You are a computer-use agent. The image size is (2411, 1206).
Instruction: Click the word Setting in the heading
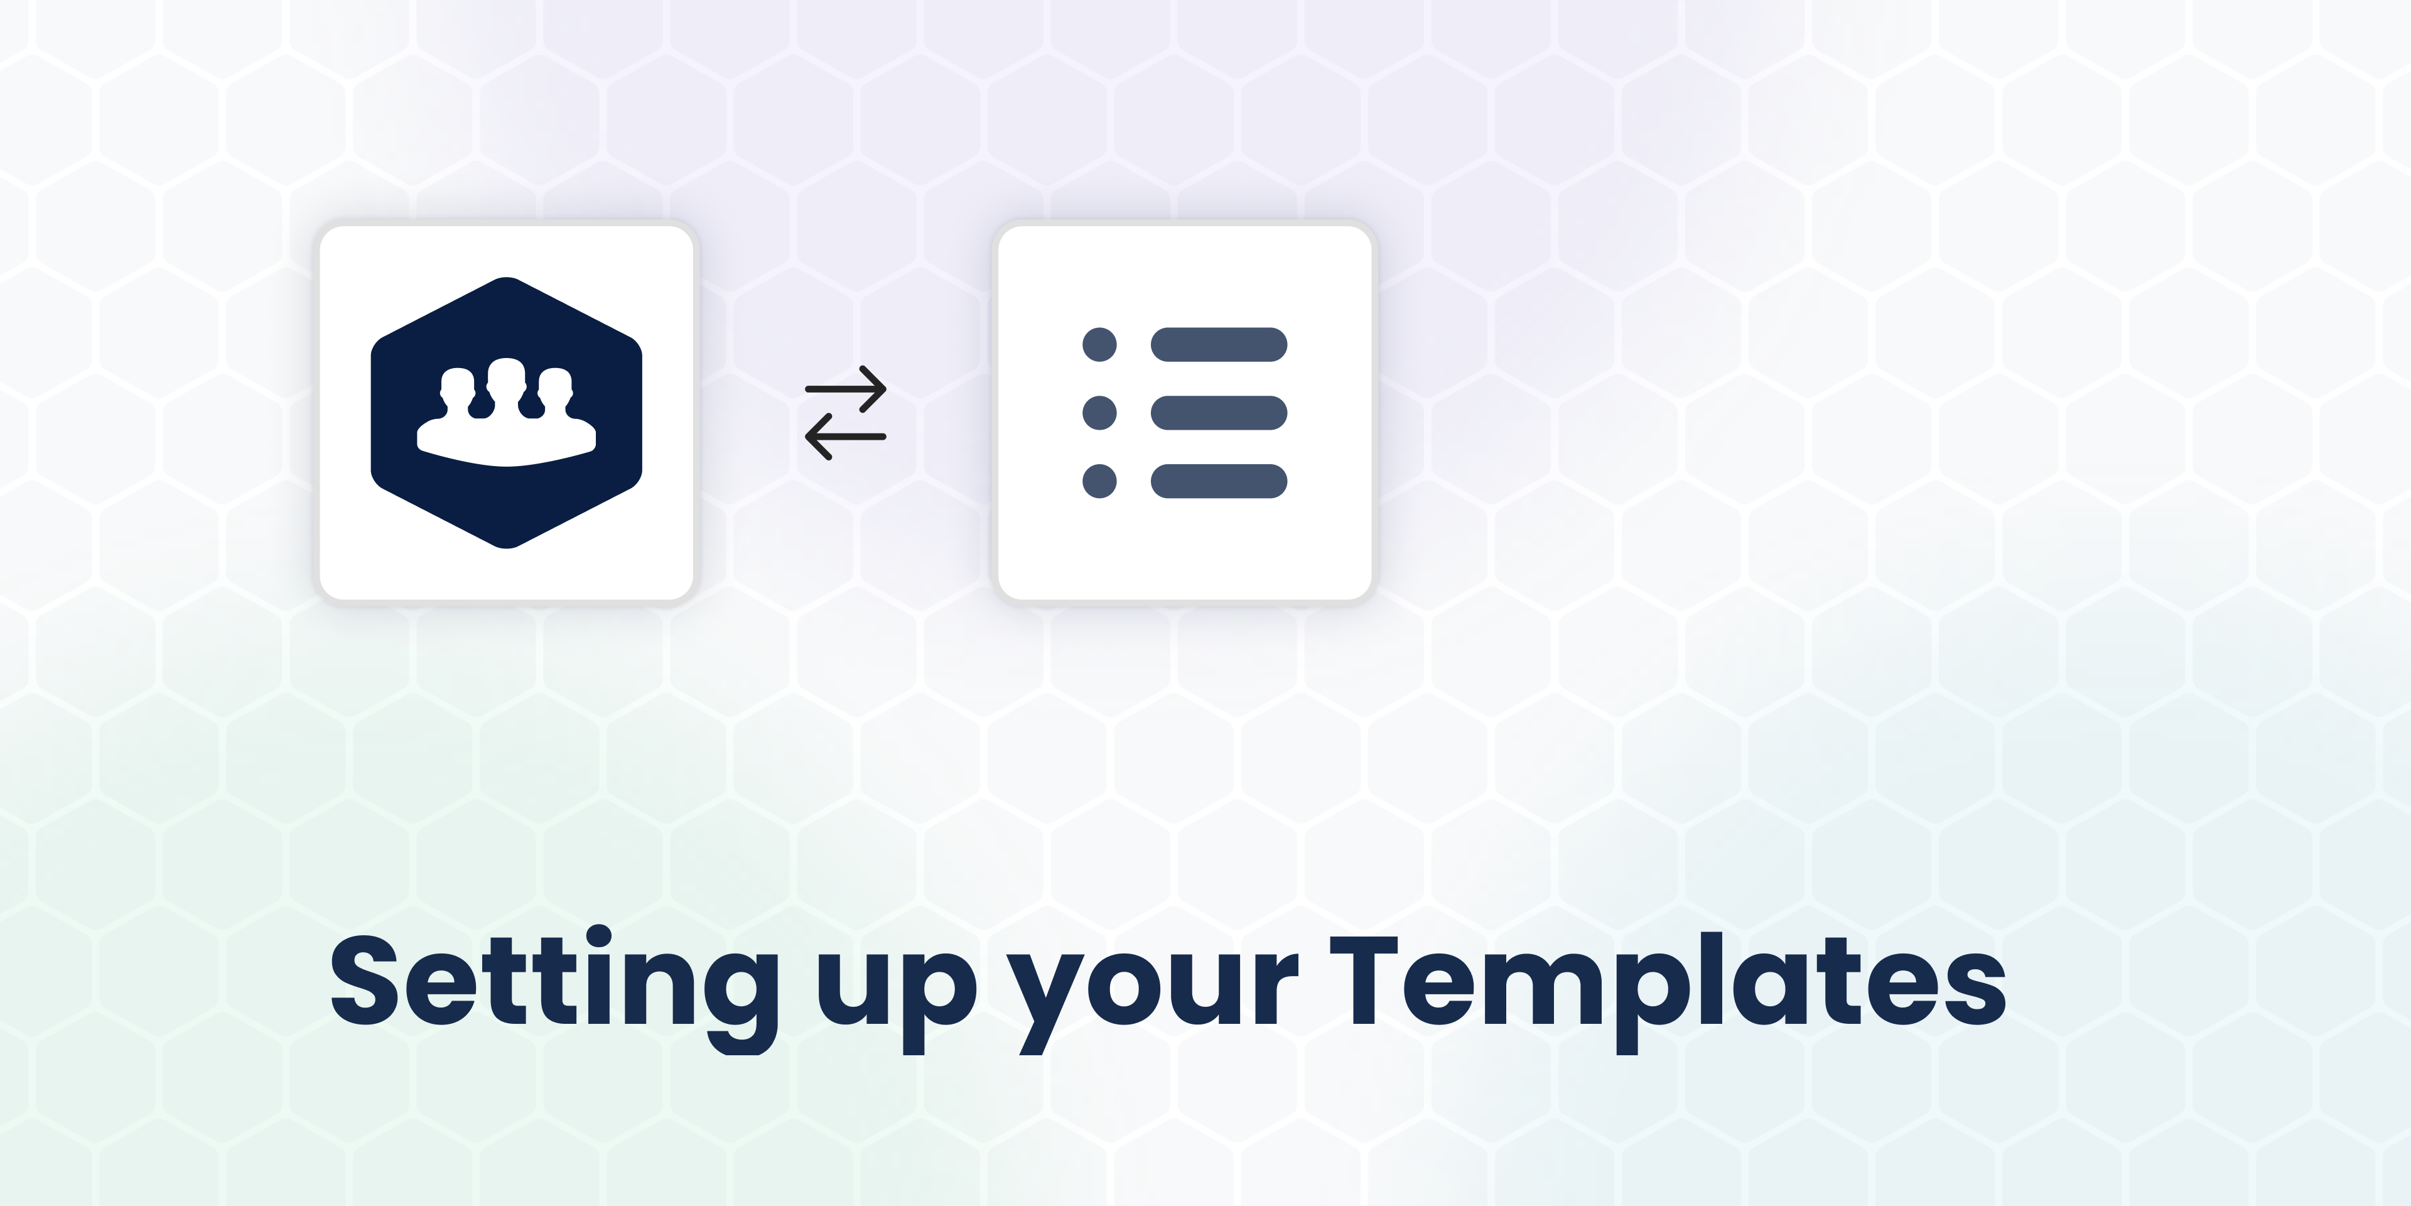tap(554, 988)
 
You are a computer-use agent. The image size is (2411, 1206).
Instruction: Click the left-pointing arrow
tap(845, 437)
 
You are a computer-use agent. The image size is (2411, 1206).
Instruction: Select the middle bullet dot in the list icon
tap(1100, 413)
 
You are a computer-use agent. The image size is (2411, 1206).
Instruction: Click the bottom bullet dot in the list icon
tap(1100, 481)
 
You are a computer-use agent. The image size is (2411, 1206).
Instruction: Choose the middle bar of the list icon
tap(1219, 413)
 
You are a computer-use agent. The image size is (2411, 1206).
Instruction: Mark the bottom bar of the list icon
tap(1219, 481)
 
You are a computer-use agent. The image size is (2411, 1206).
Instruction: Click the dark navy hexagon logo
tap(506, 413)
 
